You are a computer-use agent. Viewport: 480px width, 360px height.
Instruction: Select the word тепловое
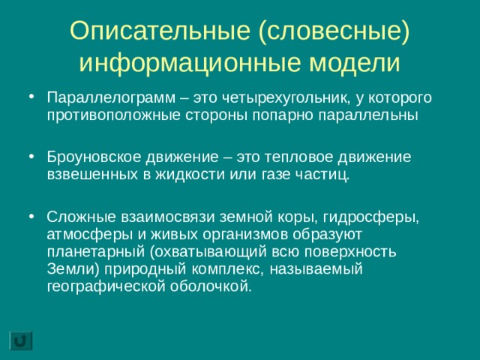tap(287, 157)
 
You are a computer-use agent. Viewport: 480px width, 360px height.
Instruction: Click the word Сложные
tap(72, 217)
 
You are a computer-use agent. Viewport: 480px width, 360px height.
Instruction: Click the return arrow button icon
tap(21, 339)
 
